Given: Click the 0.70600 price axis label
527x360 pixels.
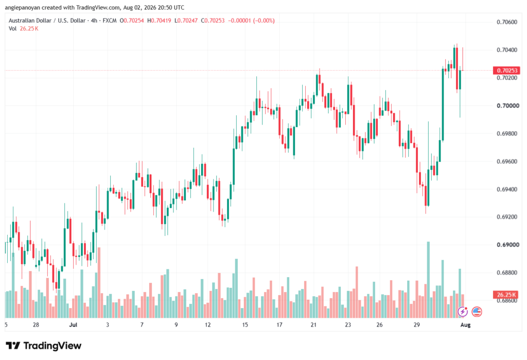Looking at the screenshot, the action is pos(507,22).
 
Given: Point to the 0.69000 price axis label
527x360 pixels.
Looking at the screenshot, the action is pos(507,245).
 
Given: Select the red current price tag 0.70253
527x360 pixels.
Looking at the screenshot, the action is pos(506,71).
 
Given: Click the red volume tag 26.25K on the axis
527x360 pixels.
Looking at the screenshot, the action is pos(506,295).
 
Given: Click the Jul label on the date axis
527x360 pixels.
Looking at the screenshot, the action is pos(73,324).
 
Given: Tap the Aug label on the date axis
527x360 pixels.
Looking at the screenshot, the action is pos(465,324).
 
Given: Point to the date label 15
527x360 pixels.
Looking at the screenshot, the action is pos(244,324).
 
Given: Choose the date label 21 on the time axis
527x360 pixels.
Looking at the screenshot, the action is pos(313,324).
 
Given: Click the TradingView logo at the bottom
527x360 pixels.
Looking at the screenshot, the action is pos(44,346).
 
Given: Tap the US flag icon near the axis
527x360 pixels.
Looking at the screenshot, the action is pos(477,312).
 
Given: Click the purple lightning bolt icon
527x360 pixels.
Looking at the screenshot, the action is pos(463,312).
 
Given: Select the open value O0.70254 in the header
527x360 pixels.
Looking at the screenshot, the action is pos(132,21).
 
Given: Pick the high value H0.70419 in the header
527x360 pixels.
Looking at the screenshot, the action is pos(159,21).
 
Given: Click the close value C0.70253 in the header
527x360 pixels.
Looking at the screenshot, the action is pos(213,21).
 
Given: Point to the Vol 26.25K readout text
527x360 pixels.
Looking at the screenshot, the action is pos(24,29).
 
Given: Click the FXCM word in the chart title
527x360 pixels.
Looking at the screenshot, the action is pos(110,21).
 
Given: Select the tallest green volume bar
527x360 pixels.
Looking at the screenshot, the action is pos(428,280).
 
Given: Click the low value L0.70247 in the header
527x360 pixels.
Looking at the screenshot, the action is pos(186,21).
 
